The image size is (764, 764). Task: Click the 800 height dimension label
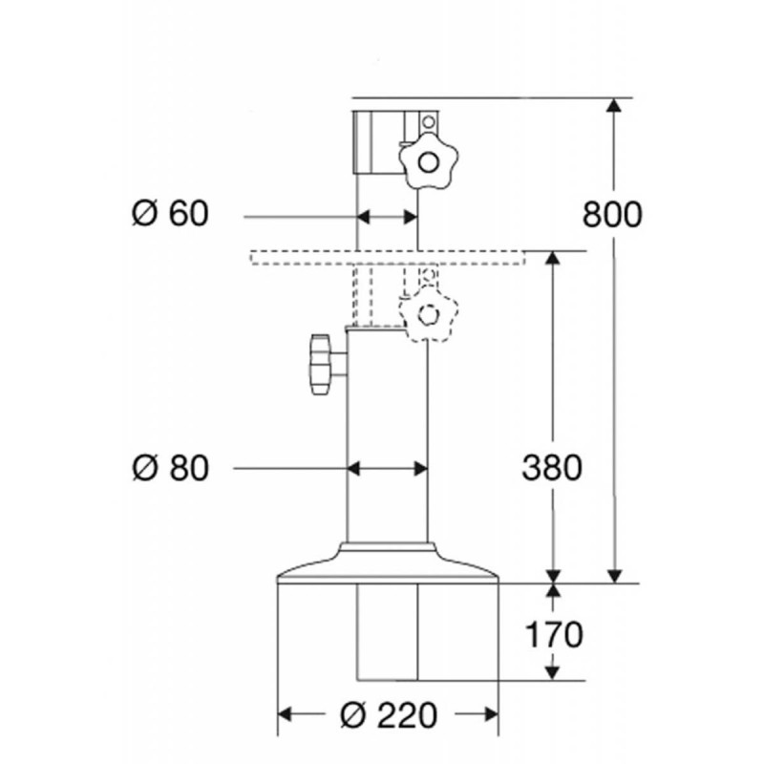(x=612, y=214)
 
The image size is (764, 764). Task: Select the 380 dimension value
(x=552, y=468)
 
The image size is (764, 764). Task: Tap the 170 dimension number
(x=554, y=634)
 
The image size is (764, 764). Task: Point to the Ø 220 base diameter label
(x=389, y=714)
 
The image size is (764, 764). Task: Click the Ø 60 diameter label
(x=170, y=213)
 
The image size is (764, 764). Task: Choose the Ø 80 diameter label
(x=170, y=468)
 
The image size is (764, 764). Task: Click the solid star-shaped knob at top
(x=428, y=161)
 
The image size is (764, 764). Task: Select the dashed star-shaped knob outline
(x=428, y=313)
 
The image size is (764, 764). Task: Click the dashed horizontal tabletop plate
(x=389, y=257)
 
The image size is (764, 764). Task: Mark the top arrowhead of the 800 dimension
(x=615, y=106)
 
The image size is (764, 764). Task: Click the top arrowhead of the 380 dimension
(x=552, y=259)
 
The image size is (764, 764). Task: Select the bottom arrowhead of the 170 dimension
(x=552, y=672)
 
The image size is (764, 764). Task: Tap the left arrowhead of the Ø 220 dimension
(x=285, y=714)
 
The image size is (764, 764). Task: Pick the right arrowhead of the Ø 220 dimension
(x=491, y=714)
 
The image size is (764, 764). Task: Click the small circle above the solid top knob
(x=428, y=122)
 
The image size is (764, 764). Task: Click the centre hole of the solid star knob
(x=428, y=162)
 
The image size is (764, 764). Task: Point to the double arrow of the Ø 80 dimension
(x=388, y=469)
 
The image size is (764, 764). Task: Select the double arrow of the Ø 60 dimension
(x=388, y=218)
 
